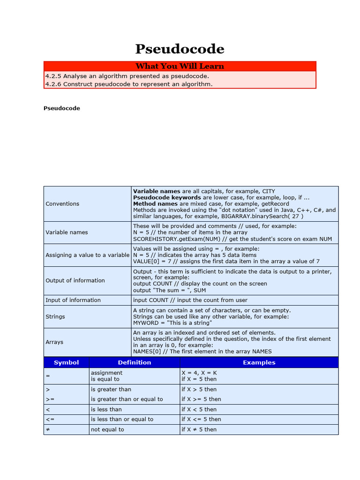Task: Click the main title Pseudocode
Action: point(180,49)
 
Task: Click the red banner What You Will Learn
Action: point(180,66)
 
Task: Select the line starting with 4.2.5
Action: point(127,76)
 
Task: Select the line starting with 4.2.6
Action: point(129,84)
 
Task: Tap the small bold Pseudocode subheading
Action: point(62,108)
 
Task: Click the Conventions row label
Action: point(62,204)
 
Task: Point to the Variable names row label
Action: point(67,232)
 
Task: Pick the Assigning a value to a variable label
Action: point(87,255)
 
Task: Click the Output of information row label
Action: point(75,280)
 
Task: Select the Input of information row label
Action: point(73,300)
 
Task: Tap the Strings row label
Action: point(55,316)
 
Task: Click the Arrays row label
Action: point(54,342)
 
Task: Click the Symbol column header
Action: point(66,362)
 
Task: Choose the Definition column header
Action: point(135,362)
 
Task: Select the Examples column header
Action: point(259,362)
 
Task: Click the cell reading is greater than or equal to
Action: point(127,399)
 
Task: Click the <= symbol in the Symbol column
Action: point(49,420)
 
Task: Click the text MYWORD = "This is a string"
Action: point(172,323)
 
